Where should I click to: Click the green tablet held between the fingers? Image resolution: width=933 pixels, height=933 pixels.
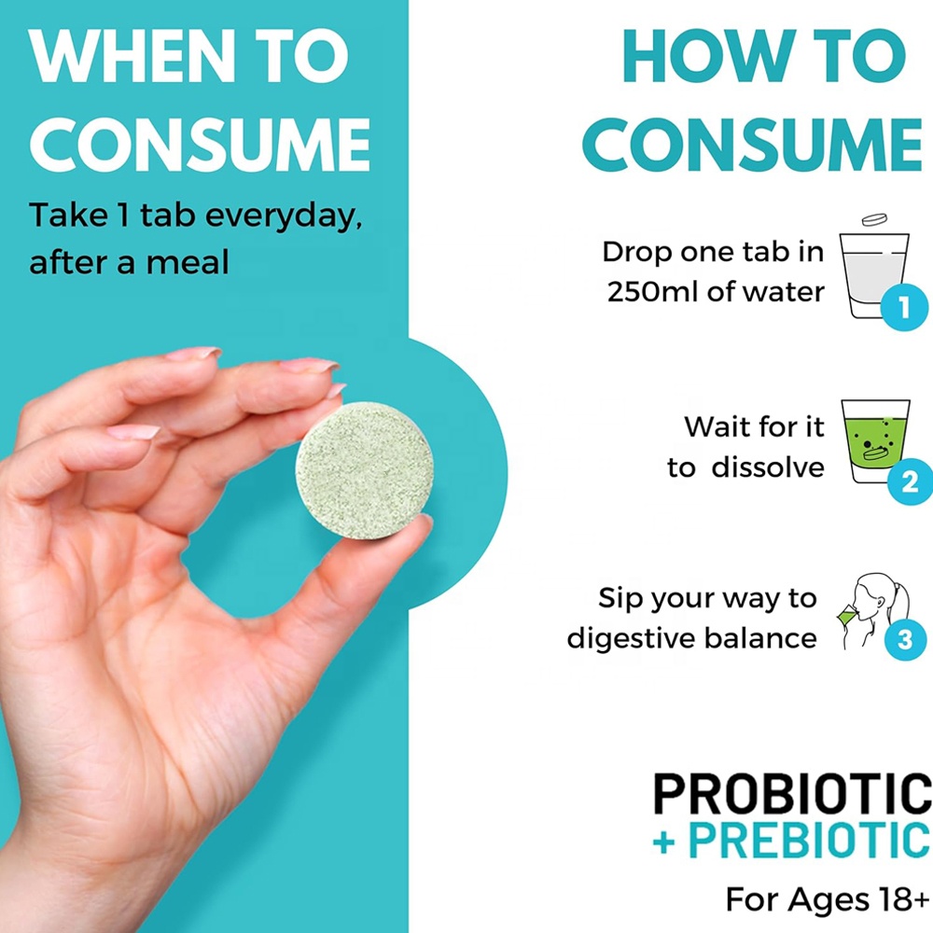coord(364,470)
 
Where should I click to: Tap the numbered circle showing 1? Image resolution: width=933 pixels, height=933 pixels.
coord(904,307)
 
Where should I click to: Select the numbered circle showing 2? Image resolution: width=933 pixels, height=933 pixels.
coord(910,481)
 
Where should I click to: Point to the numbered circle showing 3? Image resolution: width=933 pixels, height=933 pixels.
coord(905,640)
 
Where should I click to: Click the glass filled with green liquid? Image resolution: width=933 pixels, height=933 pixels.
coord(875,440)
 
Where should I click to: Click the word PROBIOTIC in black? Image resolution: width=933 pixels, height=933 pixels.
coord(792,793)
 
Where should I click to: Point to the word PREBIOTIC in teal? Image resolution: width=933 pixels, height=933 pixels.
coord(809,841)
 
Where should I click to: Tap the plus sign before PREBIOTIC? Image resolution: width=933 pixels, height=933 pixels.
coord(664,843)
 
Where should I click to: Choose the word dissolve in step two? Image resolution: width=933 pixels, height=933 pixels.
coord(768,467)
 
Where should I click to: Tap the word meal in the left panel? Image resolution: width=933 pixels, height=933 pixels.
coord(188,262)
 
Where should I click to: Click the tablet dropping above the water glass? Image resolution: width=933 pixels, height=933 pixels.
coord(875,219)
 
